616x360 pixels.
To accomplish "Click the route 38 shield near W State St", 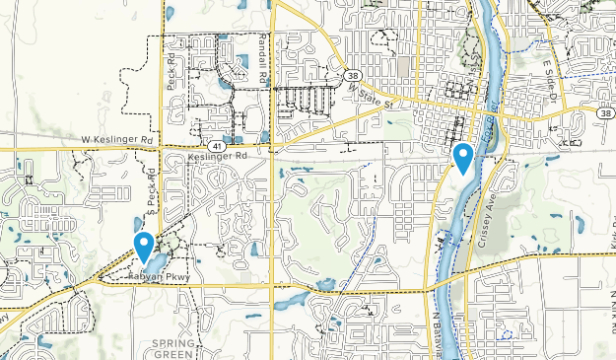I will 353,75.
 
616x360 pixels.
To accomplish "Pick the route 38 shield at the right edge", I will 602,114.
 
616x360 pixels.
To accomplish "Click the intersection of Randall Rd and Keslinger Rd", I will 271,148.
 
